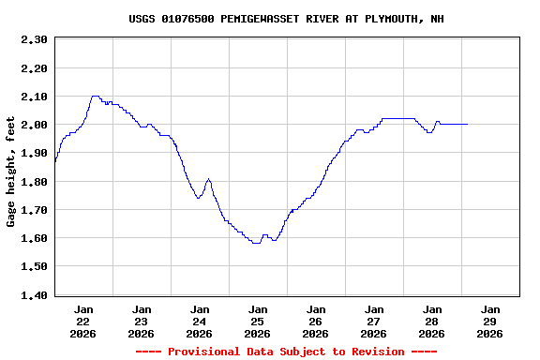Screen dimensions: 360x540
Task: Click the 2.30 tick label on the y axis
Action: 34,39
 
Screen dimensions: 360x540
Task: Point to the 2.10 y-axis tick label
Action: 34,97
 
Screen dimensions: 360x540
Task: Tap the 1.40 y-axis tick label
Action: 34,295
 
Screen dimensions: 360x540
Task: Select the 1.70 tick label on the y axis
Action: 34,210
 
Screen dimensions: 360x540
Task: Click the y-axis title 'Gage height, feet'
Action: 11,172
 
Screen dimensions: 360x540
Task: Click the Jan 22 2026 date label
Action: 83,321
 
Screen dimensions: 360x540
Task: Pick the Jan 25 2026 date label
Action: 258,321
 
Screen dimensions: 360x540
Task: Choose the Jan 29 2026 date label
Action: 490,321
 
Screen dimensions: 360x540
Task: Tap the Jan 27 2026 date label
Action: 374,321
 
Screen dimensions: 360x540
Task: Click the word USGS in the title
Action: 142,19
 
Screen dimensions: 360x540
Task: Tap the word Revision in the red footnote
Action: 376,352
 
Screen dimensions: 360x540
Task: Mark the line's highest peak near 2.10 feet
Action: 94,96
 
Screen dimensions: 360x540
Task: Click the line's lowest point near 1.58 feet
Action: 256,243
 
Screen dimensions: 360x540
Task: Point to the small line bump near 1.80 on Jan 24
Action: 208,179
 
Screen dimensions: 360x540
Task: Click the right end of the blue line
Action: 467,124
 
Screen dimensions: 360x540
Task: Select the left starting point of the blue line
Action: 55,162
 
